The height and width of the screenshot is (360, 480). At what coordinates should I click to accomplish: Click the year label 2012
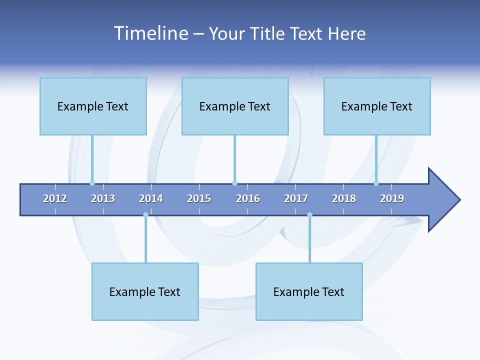click(55, 198)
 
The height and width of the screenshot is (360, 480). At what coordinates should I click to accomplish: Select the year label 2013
click(103, 198)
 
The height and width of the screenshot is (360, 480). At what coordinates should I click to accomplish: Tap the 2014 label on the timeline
click(151, 198)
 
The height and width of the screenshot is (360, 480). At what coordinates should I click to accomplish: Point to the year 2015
click(199, 198)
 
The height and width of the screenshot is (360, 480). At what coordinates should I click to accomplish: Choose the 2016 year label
click(248, 198)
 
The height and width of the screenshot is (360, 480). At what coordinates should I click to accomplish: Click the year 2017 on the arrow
click(296, 198)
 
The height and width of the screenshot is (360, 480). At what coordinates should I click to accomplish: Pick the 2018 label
click(344, 198)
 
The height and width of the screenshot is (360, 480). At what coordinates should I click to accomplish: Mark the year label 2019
click(392, 198)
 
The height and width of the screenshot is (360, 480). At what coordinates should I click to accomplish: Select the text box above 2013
click(93, 106)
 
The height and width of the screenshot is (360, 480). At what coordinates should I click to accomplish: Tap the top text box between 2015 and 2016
click(235, 106)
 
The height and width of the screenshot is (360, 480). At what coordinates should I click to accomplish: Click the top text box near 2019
click(377, 106)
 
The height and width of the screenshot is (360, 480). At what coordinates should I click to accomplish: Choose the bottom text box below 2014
click(145, 291)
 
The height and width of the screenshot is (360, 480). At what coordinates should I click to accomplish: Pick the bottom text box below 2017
click(309, 291)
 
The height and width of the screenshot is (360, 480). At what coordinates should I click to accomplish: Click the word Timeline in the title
click(151, 33)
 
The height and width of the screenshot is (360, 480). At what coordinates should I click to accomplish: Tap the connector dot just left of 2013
click(92, 183)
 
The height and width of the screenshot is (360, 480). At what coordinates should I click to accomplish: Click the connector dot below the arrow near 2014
click(145, 215)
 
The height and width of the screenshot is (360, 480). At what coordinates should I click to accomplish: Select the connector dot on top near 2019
click(376, 183)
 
